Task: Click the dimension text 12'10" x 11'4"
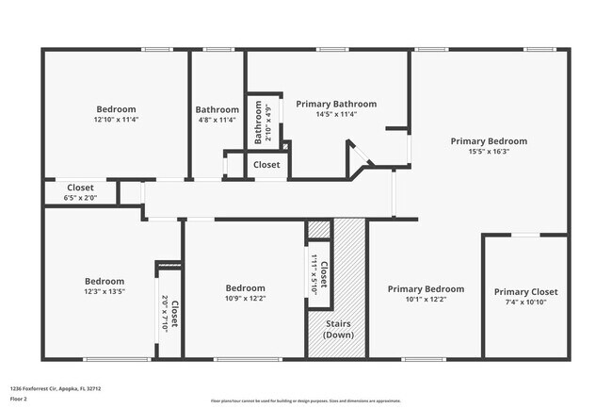116,120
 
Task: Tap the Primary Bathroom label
336,104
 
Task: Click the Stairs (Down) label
339,329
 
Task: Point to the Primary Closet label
525,292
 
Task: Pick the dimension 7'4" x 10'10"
525,303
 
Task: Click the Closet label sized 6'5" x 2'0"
80,188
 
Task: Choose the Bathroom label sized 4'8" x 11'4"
217,109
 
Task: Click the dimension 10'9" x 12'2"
245,299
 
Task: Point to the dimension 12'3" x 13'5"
104,291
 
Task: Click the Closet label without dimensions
266,165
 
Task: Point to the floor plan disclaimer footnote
305,401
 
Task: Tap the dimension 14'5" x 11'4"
336,114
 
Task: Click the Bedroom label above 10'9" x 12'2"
245,288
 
